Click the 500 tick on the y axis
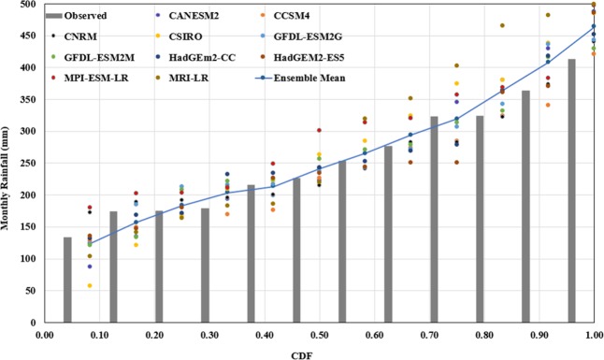click(29, 5)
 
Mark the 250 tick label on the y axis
click(29, 164)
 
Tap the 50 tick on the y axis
click(32, 291)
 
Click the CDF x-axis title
click(316, 352)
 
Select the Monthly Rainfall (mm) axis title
click(9, 164)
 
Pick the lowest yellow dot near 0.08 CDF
click(90, 285)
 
